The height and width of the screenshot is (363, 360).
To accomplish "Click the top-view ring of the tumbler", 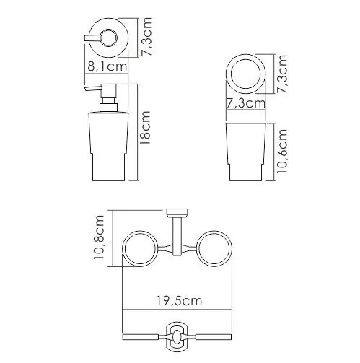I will (x=247, y=74).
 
